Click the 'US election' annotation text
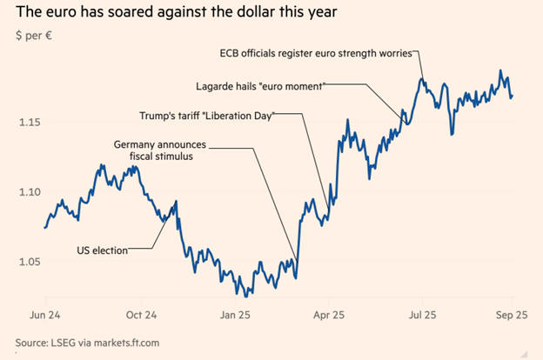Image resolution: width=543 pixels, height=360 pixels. point(102,250)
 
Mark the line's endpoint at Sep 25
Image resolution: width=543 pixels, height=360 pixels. point(512,97)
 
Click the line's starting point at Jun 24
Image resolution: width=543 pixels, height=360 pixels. point(44,227)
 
